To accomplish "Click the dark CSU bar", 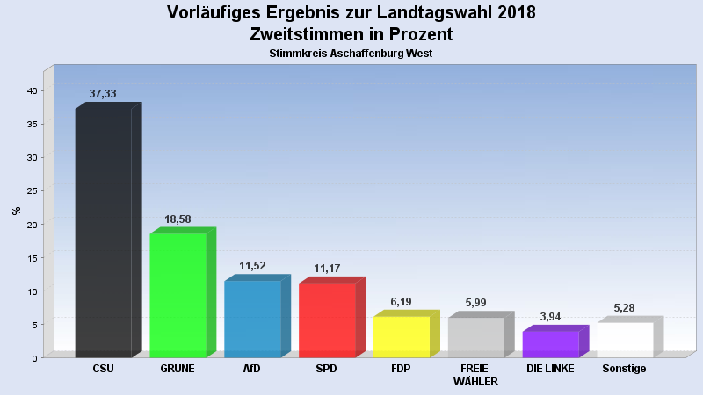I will pyautogui.click(x=103, y=233).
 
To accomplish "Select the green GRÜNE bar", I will pyautogui.click(x=178, y=295).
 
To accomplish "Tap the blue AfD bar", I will pyautogui.click(x=252, y=319).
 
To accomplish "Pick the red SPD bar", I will pyautogui.click(x=327, y=320).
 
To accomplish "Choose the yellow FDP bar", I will pyautogui.click(x=402, y=336).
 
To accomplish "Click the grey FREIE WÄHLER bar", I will pyautogui.click(x=476, y=337).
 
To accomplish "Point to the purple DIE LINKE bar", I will pyautogui.click(x=550, y=344).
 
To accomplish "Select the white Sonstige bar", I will pyautogui.click(x=625, y=340).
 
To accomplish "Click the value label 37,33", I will pyautogui.click(x=103, y=94).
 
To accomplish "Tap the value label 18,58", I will pyautogui.click(x=178, y=219).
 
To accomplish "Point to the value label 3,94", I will pyautogui.click(x=551, y=317).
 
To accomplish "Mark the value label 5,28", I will pyautogui.click(x=625, y=308).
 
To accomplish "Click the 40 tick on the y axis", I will pyautogui.click(x=31, y=90).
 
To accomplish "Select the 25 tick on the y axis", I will pyautogui.click(x=31, y=190).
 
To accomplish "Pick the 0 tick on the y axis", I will pyautogui.click(x=33, y=357).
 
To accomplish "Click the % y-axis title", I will pyautogui.click(x=16, y=211).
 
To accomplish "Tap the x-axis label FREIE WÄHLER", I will pyautogui.click(x=475, y=375).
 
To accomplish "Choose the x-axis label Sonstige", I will pyautogui.click(x=624, y=369).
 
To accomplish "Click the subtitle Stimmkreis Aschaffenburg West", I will pyautogui.click(x=351, y=54).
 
